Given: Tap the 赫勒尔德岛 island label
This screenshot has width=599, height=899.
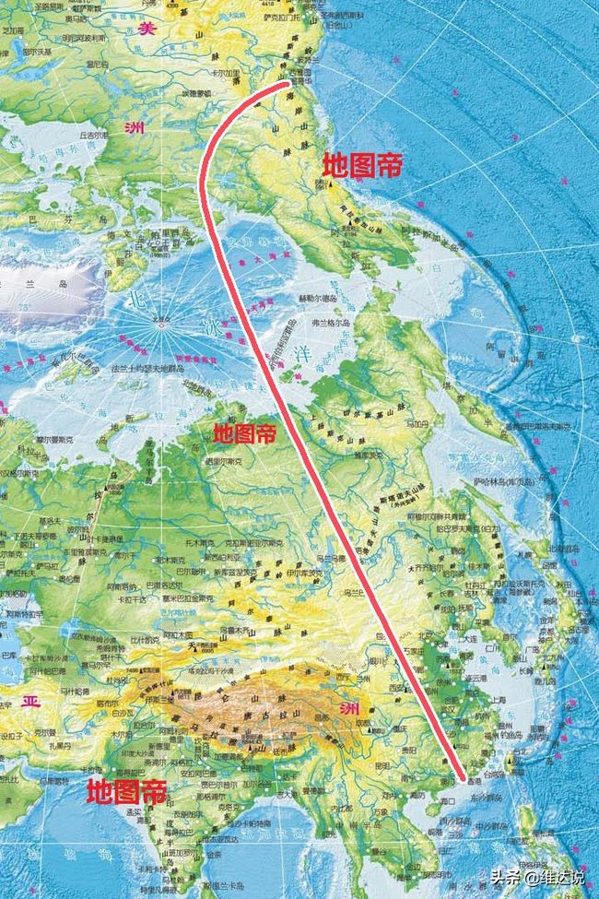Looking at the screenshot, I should [x=320, y=298].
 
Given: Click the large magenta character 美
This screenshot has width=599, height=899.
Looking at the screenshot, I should [x=146, y=28].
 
